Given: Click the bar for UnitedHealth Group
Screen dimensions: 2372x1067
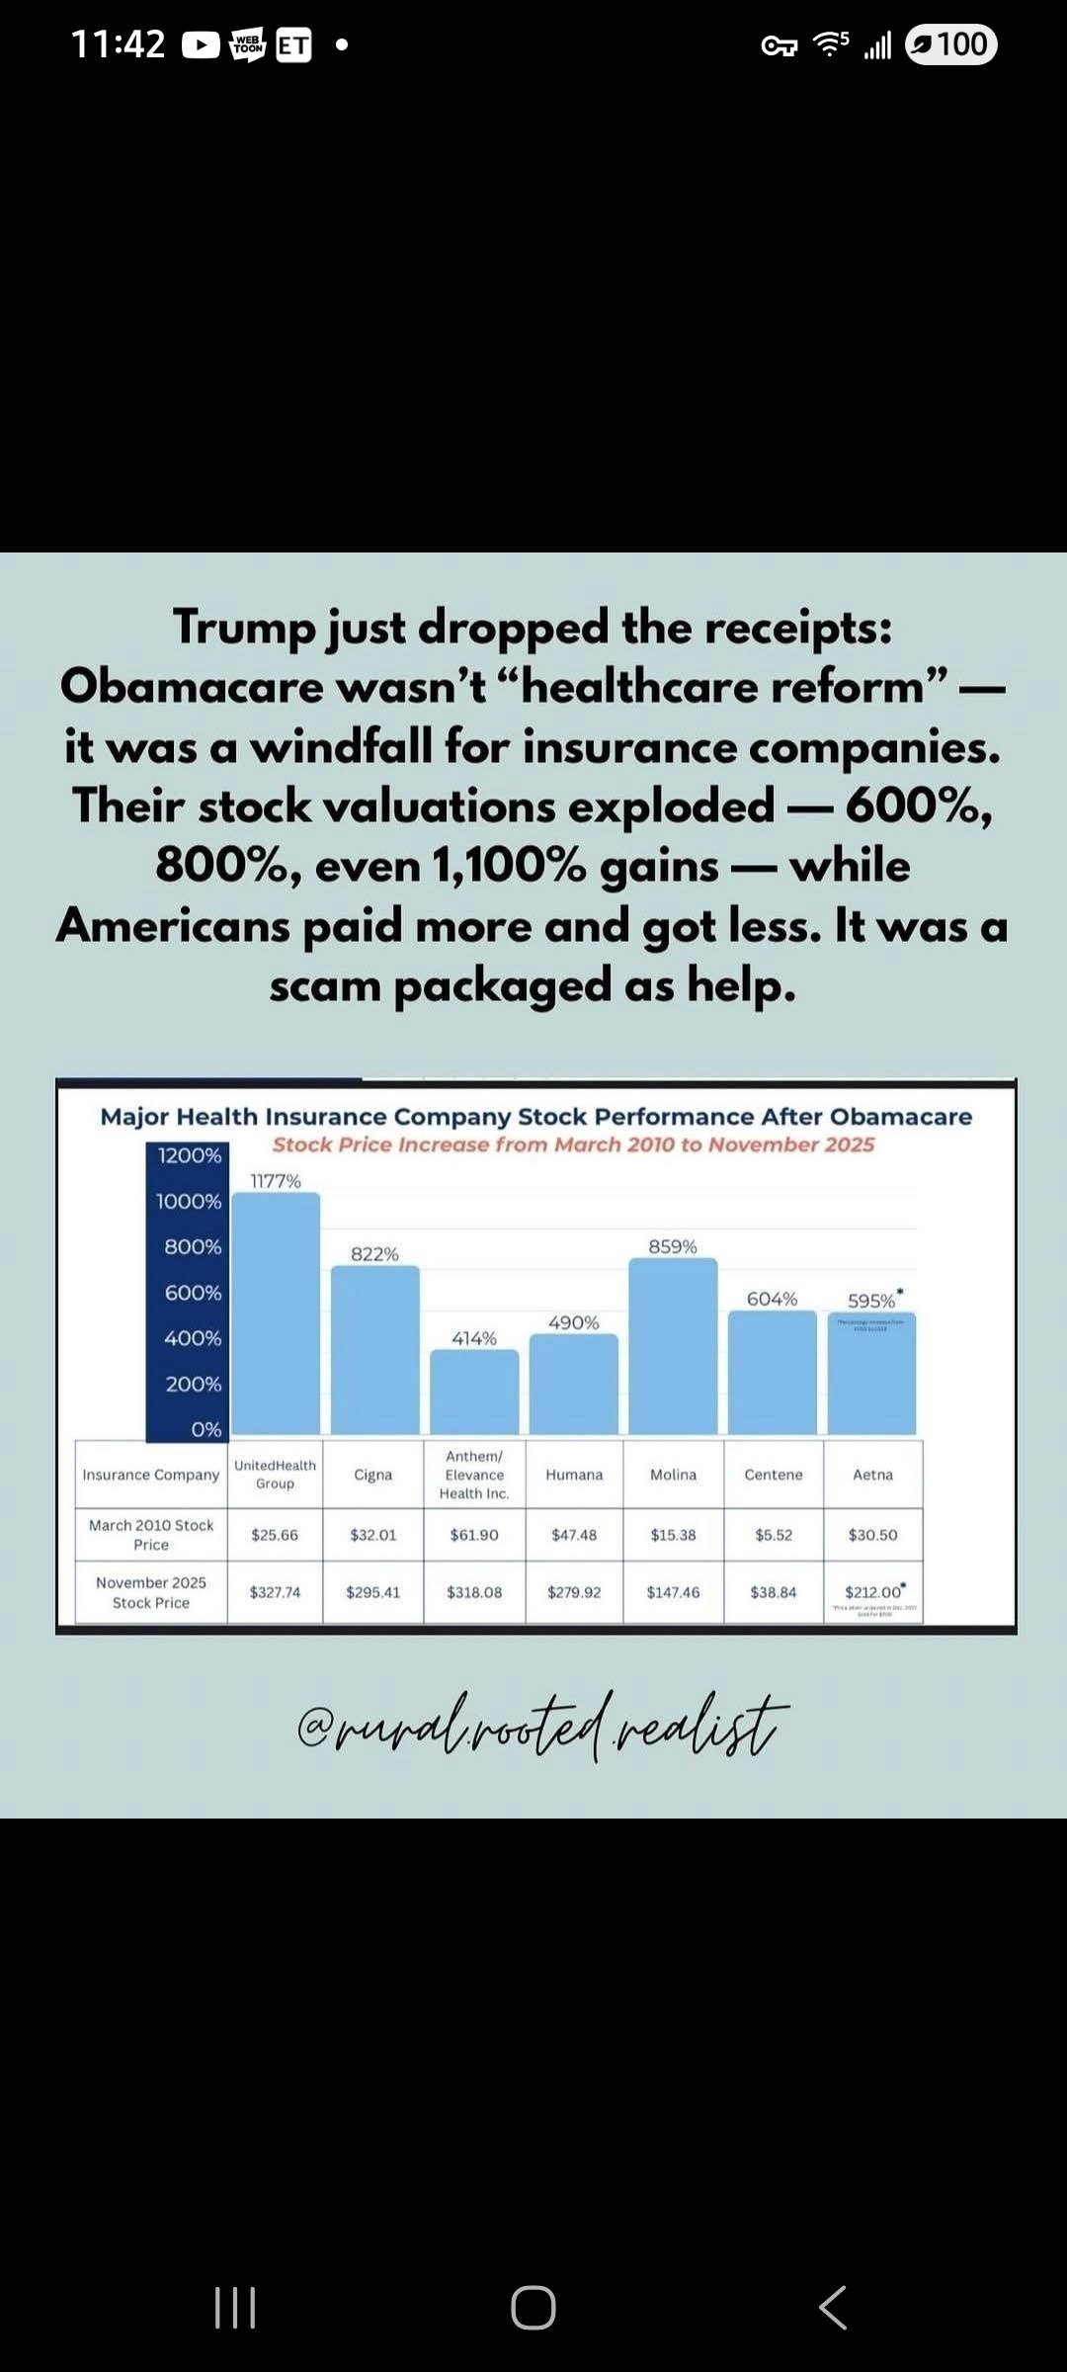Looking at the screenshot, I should pos(276,1314).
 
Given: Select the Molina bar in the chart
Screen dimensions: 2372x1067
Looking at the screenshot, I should pos(673,1346).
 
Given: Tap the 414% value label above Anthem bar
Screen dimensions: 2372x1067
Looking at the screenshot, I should pos(474,1338).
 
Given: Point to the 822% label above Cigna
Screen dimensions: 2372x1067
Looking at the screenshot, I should pos(375,1254).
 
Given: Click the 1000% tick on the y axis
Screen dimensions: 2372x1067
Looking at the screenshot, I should pos(189,1201).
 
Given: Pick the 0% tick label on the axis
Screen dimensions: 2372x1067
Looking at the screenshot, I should pos(206,1429).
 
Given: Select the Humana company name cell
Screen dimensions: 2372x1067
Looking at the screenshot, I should pos(574,1475).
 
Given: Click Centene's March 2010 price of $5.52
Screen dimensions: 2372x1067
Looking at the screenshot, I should pos(774,1535).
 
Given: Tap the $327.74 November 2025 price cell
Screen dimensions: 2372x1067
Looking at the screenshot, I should pos(275,1592).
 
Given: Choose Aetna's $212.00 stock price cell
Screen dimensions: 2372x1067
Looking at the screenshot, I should pos(873,1592).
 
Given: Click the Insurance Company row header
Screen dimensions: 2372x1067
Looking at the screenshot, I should pos(151,1475).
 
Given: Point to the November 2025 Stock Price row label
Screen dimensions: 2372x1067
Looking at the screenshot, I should pos(151,1592).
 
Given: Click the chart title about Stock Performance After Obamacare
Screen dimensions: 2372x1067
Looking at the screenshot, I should pos(536,1117).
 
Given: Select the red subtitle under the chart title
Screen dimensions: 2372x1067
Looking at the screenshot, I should pos(573,1144).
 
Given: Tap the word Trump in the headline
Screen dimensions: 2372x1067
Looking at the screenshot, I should pos(244,628).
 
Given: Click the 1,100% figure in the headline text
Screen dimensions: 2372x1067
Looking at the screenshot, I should pos(509,867).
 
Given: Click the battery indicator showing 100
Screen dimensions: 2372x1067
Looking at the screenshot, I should pos(950,44).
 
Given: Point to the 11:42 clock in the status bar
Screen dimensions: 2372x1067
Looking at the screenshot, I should pos(118,44).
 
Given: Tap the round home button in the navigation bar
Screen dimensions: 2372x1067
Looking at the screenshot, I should pos(533,2308).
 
